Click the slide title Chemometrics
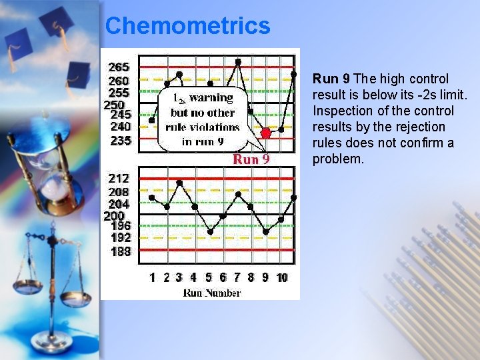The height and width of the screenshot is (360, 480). [187, 26]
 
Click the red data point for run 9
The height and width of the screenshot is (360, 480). [266, 133]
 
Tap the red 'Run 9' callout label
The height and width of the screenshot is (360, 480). [251, 159]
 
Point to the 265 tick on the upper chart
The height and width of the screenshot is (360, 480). [119, 67]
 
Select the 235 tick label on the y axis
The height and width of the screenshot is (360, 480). [120, 141]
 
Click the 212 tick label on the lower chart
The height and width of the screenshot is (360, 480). [119, 178]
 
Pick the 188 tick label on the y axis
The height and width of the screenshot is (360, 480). [120, 251]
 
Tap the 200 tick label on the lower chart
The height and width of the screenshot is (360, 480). [114, 216]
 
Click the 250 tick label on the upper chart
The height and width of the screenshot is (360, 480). [114, 105]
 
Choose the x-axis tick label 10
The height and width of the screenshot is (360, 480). [282, 277]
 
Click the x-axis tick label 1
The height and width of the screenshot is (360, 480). [153, 277]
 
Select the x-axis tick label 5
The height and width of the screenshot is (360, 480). [209, 277]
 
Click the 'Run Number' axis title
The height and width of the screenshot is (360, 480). [211, 293]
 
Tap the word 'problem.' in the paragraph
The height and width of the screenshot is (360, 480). [339, 159]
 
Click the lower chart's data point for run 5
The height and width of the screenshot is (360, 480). [210, 232]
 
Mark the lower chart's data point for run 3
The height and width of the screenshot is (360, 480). [179, 183]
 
